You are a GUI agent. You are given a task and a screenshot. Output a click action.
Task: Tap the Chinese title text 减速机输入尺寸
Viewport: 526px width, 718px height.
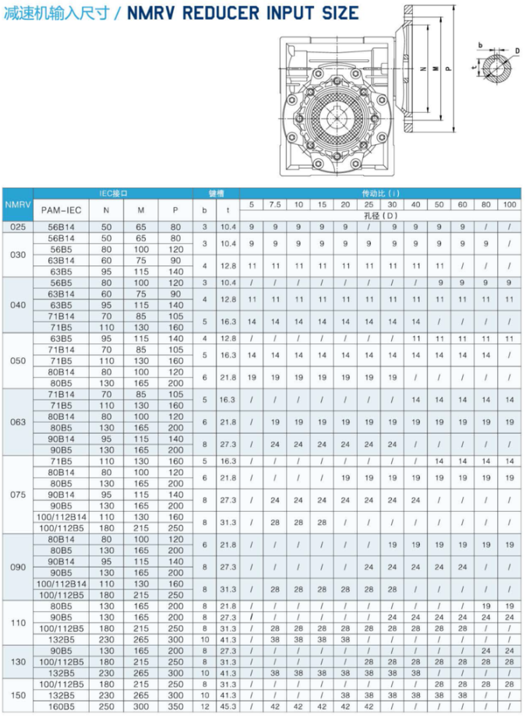pyautogui.click(x=52, y=13)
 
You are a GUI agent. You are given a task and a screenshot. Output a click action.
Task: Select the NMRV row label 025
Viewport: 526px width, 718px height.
pyautogui.click(x=17, y=227)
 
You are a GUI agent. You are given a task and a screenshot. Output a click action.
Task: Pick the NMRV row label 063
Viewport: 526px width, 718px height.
pyautogui.click(x=17, y=422)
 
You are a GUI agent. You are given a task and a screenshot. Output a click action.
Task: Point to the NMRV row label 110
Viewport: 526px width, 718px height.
pyautogui.click(x=17, y=623)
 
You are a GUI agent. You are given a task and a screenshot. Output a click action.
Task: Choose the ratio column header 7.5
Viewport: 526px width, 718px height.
pyautogui.click(x=275, y=204)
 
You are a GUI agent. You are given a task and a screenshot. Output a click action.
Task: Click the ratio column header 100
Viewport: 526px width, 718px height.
pyautogui.click(x=509, y=204)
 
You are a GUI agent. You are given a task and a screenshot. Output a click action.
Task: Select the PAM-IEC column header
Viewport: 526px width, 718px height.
pyautogui.click(x=62, y=209)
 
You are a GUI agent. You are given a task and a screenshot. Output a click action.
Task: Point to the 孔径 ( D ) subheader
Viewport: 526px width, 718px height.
pyautogui.click(x=379, y=215)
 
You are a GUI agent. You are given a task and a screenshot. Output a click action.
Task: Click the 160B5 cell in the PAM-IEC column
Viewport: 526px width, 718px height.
pyautogui.click(x=62, y=706)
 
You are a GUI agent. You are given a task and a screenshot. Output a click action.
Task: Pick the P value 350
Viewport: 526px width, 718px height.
pyautogui.click(x=175, y=706)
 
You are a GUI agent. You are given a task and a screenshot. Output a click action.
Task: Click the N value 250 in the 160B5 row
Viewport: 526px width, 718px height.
pyautogui.click(x=101, y=706)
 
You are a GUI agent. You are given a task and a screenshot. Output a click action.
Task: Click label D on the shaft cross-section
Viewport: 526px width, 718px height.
pyautogui.click(x=517, y=51)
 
